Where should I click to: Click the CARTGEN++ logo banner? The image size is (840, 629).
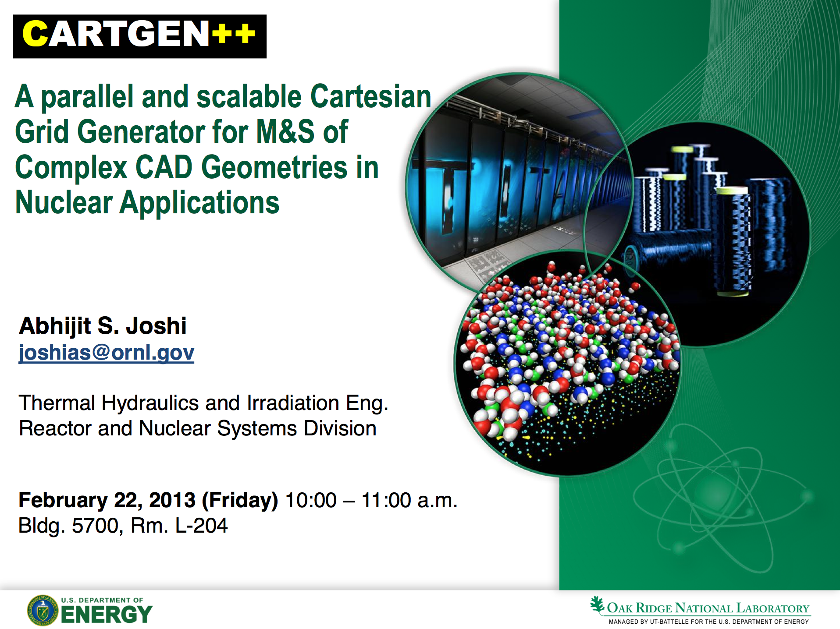(140, 36)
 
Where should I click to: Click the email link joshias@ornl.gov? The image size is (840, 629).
(107, 353)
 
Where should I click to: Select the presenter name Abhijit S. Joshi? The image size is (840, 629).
(103, 326)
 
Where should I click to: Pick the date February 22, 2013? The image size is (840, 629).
(107, 500)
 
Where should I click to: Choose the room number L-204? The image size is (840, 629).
(201, 525)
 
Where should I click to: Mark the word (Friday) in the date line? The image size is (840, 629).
(240, 501)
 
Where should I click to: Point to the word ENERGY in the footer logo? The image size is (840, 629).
(107, 614)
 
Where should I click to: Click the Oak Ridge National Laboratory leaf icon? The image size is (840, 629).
(597, 604)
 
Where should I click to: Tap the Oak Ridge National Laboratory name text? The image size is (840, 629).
(708, 608)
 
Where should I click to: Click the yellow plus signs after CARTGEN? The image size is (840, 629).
(234, 33)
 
